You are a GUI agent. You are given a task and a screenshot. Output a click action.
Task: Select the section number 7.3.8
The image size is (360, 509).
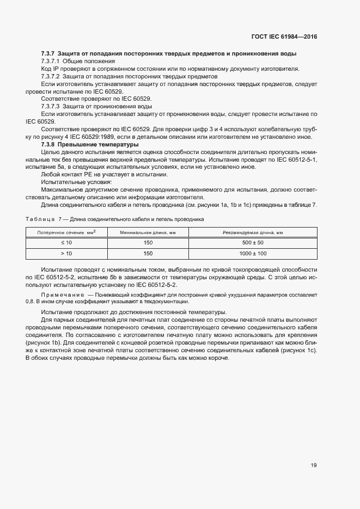[x=50, y=144]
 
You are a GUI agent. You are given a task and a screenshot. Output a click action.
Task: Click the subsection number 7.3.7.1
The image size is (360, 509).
[x=52, y=61]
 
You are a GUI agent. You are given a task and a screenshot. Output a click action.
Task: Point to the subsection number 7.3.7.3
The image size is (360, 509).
[x=52, y=106]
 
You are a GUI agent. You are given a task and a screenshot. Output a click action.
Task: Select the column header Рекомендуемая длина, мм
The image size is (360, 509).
[x=253, y=232]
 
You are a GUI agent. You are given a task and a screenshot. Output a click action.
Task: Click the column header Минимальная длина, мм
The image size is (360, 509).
[x=148, y=232]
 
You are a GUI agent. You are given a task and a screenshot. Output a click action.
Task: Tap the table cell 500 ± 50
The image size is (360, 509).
[x=253, y=242]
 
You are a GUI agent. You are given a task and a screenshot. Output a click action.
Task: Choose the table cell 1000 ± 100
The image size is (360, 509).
[x=253, y=254]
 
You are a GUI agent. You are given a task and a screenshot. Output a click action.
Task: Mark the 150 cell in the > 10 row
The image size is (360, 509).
[x=148, y=254]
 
